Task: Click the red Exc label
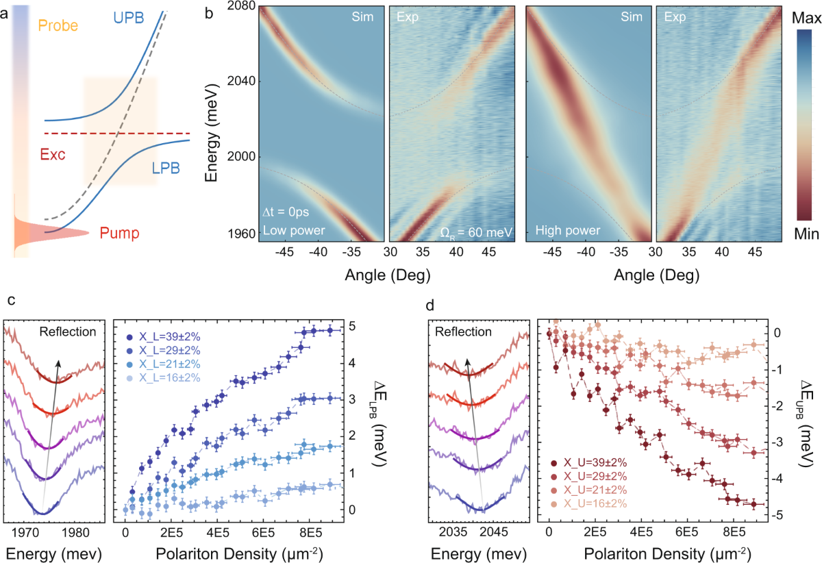click(53, 155)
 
